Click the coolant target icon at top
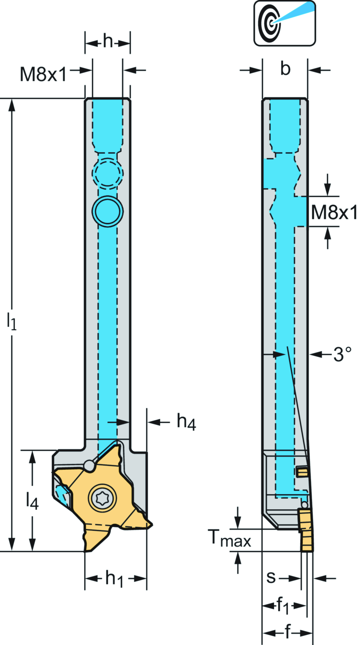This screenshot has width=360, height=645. (284, 23)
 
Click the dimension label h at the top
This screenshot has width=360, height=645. (108, 42)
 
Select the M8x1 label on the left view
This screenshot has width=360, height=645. (43, 75)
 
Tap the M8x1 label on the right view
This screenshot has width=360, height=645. (334, 212)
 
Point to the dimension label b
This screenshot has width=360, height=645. (285, 69)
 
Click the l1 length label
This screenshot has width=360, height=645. (12, 321)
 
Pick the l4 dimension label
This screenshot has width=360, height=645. (32, 500)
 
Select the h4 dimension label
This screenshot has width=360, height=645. (186, 421)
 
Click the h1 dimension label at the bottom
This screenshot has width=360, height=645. (115, 579)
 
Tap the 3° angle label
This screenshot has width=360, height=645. (342, 354)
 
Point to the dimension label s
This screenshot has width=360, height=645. (271, 577)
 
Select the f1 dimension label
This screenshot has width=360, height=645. (283, 606)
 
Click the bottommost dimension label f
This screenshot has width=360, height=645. (288, 632)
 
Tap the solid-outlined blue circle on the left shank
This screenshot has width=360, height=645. (108, 211)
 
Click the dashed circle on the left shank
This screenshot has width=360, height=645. (108, 173)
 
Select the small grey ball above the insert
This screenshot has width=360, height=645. (89, 466)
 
